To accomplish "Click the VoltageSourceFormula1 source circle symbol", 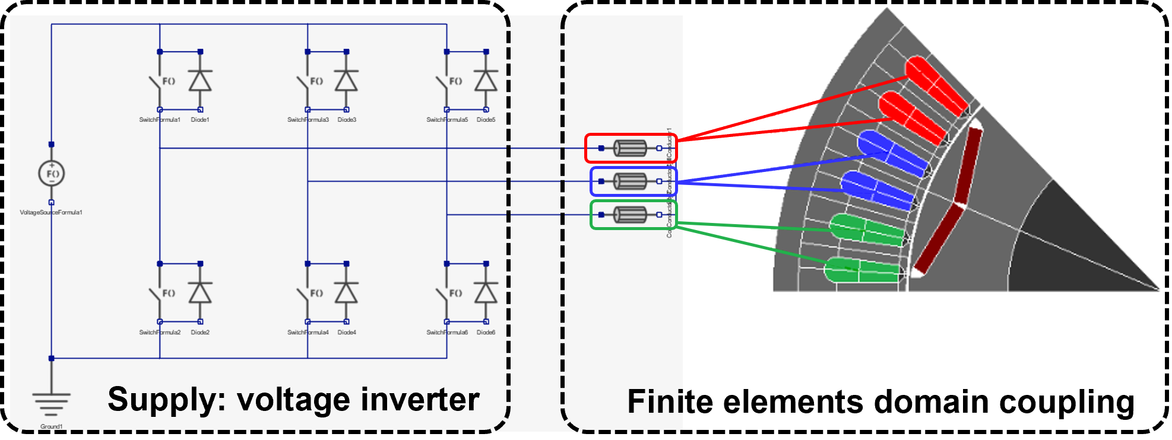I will [x=52, y=174].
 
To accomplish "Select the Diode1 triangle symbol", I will [x=200, y=81].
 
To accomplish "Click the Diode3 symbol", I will [x=346, y=81].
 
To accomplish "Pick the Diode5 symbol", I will [x=486, y=81].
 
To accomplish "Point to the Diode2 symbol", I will [x=200, y=293].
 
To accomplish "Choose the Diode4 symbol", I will [x=346, y=293].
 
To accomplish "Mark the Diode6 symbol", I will [x=486, y=293].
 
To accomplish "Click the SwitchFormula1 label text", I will [x=160, y=120].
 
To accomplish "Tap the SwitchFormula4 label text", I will [x=308, y=333].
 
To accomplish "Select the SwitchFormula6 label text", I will [x=447, y=333].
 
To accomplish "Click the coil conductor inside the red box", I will [x=630, y=148].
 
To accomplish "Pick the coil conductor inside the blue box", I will [x=630, y=181].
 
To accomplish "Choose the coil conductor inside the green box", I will [x=630, y=215].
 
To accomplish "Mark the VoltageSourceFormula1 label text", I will [x=51, y=212].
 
